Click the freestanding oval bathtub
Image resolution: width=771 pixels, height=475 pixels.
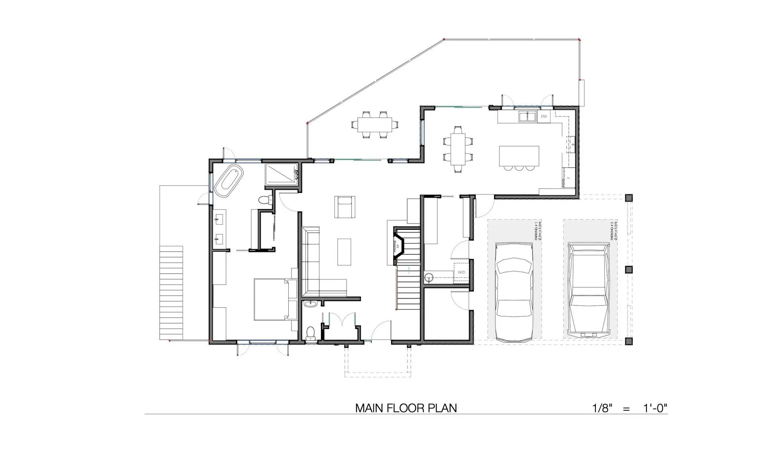[x=229, y=180]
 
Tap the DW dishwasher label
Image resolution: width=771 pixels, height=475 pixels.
[x=544, y=117]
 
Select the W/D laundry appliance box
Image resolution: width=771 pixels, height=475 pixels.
[x=461, y=272]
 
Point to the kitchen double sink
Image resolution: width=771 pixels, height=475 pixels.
[x=527, y=117]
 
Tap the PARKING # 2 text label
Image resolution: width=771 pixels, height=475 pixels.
[x=613, y=230]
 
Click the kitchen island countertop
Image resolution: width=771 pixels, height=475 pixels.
[x=519, y=156]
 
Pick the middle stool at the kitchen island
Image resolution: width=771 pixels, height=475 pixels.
[x=519, y=168]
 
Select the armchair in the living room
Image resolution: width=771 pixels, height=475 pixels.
[x=345, y=207]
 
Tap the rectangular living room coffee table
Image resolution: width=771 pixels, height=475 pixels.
[x=344, y=252]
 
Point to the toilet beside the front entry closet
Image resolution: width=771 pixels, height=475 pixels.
[x=310, y=333]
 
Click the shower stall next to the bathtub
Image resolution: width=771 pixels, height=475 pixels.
[x=281, y=174]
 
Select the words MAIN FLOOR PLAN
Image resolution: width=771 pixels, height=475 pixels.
[x=406, y=408]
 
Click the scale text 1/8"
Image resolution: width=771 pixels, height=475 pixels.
[x=602, y=408]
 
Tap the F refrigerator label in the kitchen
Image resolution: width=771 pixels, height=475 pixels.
[x=568, y=177]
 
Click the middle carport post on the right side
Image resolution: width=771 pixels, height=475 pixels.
[x=629, y=269]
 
